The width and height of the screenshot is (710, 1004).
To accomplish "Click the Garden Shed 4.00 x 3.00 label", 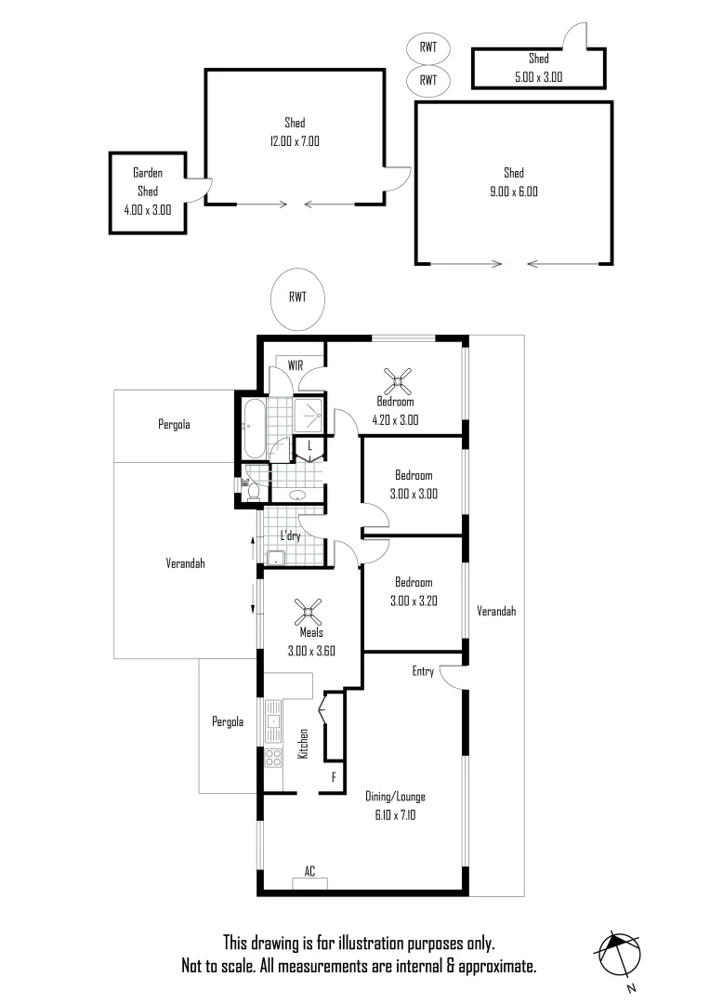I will tap(147, 191).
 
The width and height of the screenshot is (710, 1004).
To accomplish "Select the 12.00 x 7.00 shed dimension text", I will tap(295, 142).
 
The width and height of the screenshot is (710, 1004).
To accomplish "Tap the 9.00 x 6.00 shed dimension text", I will tap(513, 192).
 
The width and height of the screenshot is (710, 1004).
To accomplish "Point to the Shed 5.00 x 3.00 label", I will tap(538, 68).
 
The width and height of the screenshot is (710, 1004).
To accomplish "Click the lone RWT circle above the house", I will tap(297, 298).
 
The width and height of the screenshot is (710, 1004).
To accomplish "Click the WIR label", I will tap(296, 364).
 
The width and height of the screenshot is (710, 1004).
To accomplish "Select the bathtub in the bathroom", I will tap(254, 428).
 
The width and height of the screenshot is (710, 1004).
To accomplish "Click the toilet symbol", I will tap(251, 488).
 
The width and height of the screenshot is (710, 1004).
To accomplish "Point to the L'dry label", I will tap(292, 535).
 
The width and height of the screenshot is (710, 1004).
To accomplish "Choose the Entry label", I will tap(423, 671).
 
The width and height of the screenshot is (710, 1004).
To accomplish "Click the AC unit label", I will tap(309, 872).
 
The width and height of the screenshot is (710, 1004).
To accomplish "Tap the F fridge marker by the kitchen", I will tap(333, 775).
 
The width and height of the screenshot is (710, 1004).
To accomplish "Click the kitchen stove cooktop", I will tap(273, 757).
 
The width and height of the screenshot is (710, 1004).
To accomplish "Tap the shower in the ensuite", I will tap(309, 416).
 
